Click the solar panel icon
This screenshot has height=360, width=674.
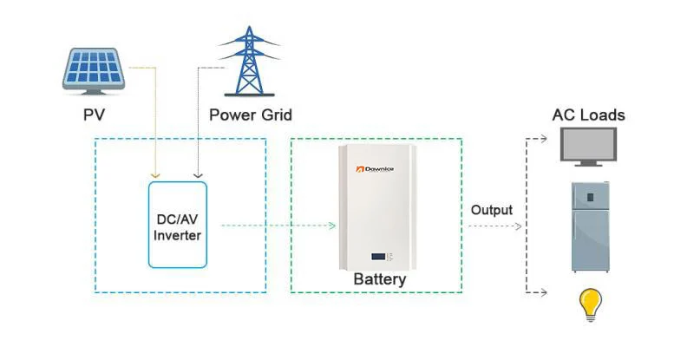(95, 69)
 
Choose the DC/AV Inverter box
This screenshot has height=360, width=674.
(178, 225)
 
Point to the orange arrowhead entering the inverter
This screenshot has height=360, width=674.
(154, 173)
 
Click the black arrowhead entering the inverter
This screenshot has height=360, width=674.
(198, 173)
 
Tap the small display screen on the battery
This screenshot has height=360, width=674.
(379, 257)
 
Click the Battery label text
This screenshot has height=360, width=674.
(379, 280)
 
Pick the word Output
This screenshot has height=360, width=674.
(492, 210)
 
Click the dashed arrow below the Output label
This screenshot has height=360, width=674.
(495, 227)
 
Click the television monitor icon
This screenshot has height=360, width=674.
(588, 147)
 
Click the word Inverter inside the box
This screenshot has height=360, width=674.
(178, 234)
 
